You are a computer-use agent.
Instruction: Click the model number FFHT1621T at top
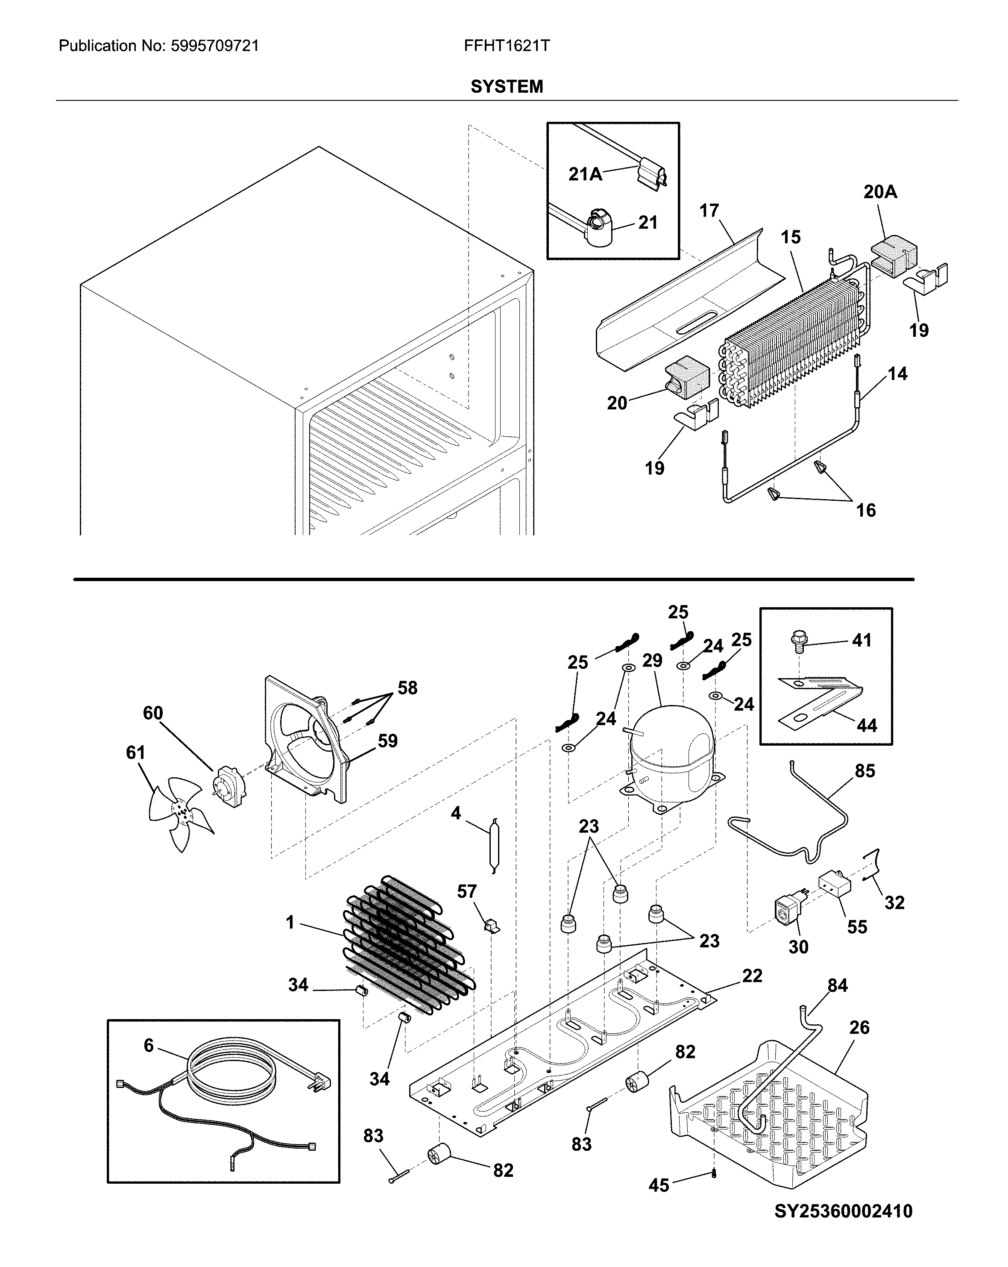click(x=507, y=46)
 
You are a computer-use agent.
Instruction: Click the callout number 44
click(x=867, y=725)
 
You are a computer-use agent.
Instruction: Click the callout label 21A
click(x=585, y=174)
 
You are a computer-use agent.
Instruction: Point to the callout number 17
click(x=709, y=210)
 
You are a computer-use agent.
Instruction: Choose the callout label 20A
click(x=880, y=191)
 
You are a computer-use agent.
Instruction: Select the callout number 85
click(x=864, y=770)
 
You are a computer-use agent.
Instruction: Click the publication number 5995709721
click(x=214, y=46)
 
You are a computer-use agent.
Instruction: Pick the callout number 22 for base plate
click(x=752, y=976)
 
